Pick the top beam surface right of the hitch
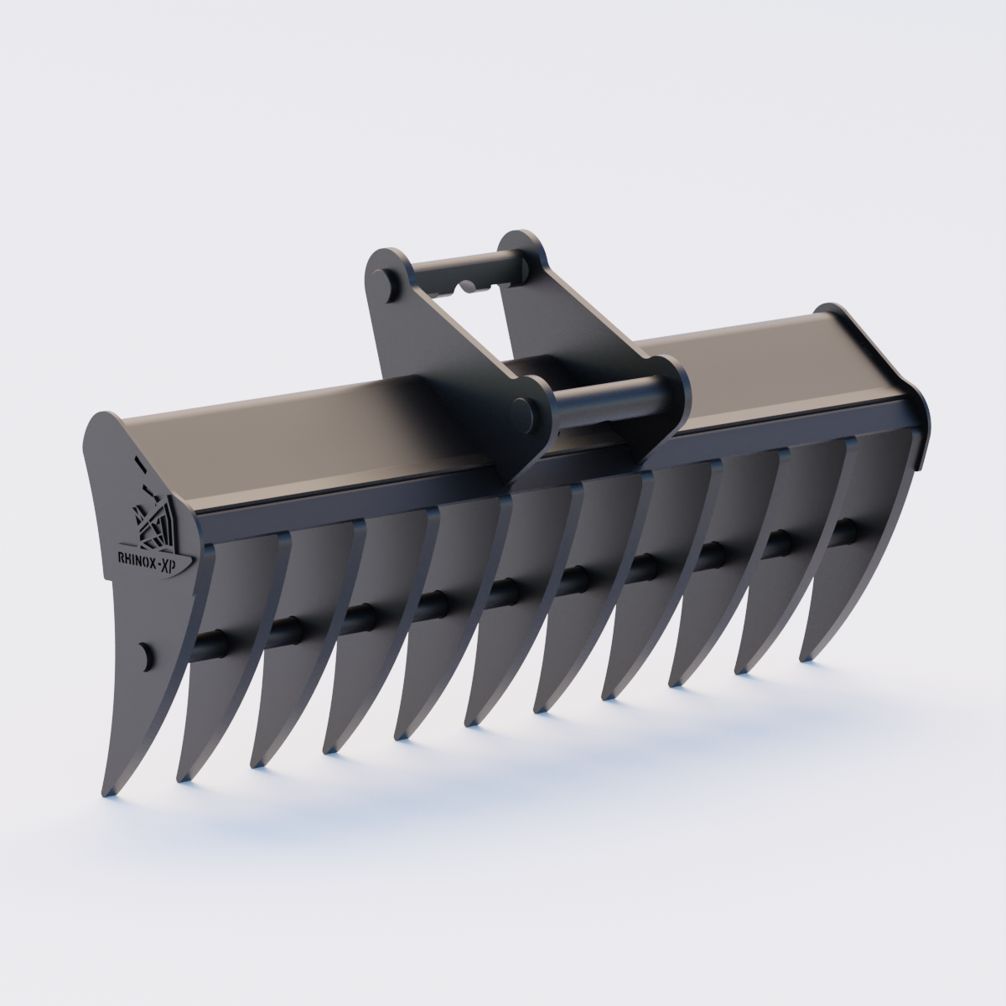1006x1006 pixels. coord(754,360)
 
